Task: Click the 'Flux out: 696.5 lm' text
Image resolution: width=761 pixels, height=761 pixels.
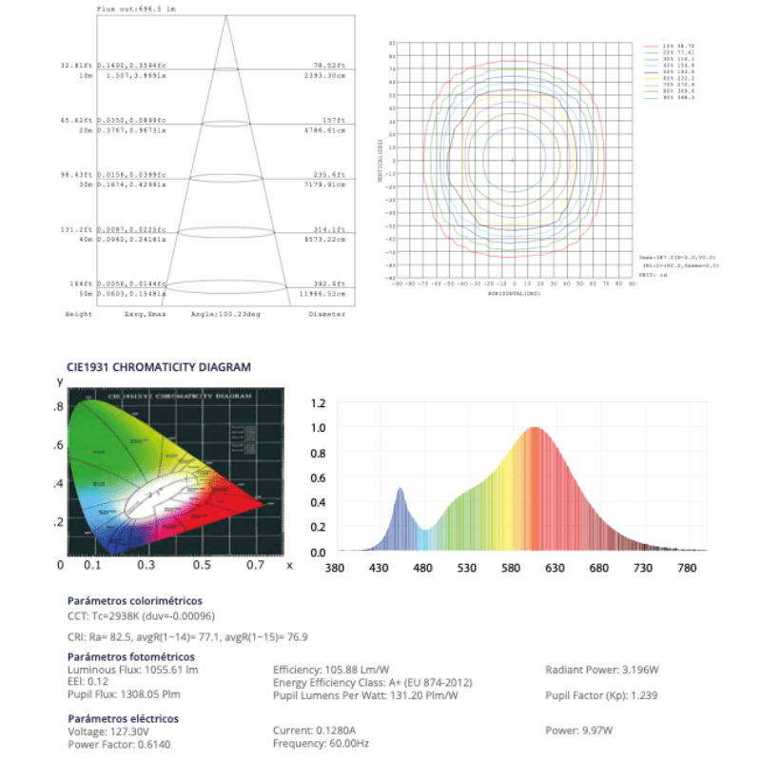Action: point(136,8)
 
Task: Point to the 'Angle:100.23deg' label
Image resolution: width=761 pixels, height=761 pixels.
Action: point(217,313)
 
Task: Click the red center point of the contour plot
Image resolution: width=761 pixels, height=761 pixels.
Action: point(513,160)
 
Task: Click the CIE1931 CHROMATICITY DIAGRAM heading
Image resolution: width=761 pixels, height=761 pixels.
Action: point(159,365)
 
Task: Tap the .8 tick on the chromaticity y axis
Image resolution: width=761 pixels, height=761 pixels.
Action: point(59,407)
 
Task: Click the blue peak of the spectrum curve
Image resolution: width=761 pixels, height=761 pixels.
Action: point(400,489)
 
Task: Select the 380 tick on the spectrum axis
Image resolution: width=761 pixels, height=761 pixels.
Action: point(335,569)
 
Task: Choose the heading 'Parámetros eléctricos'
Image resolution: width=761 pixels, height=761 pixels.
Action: point(123,718)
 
